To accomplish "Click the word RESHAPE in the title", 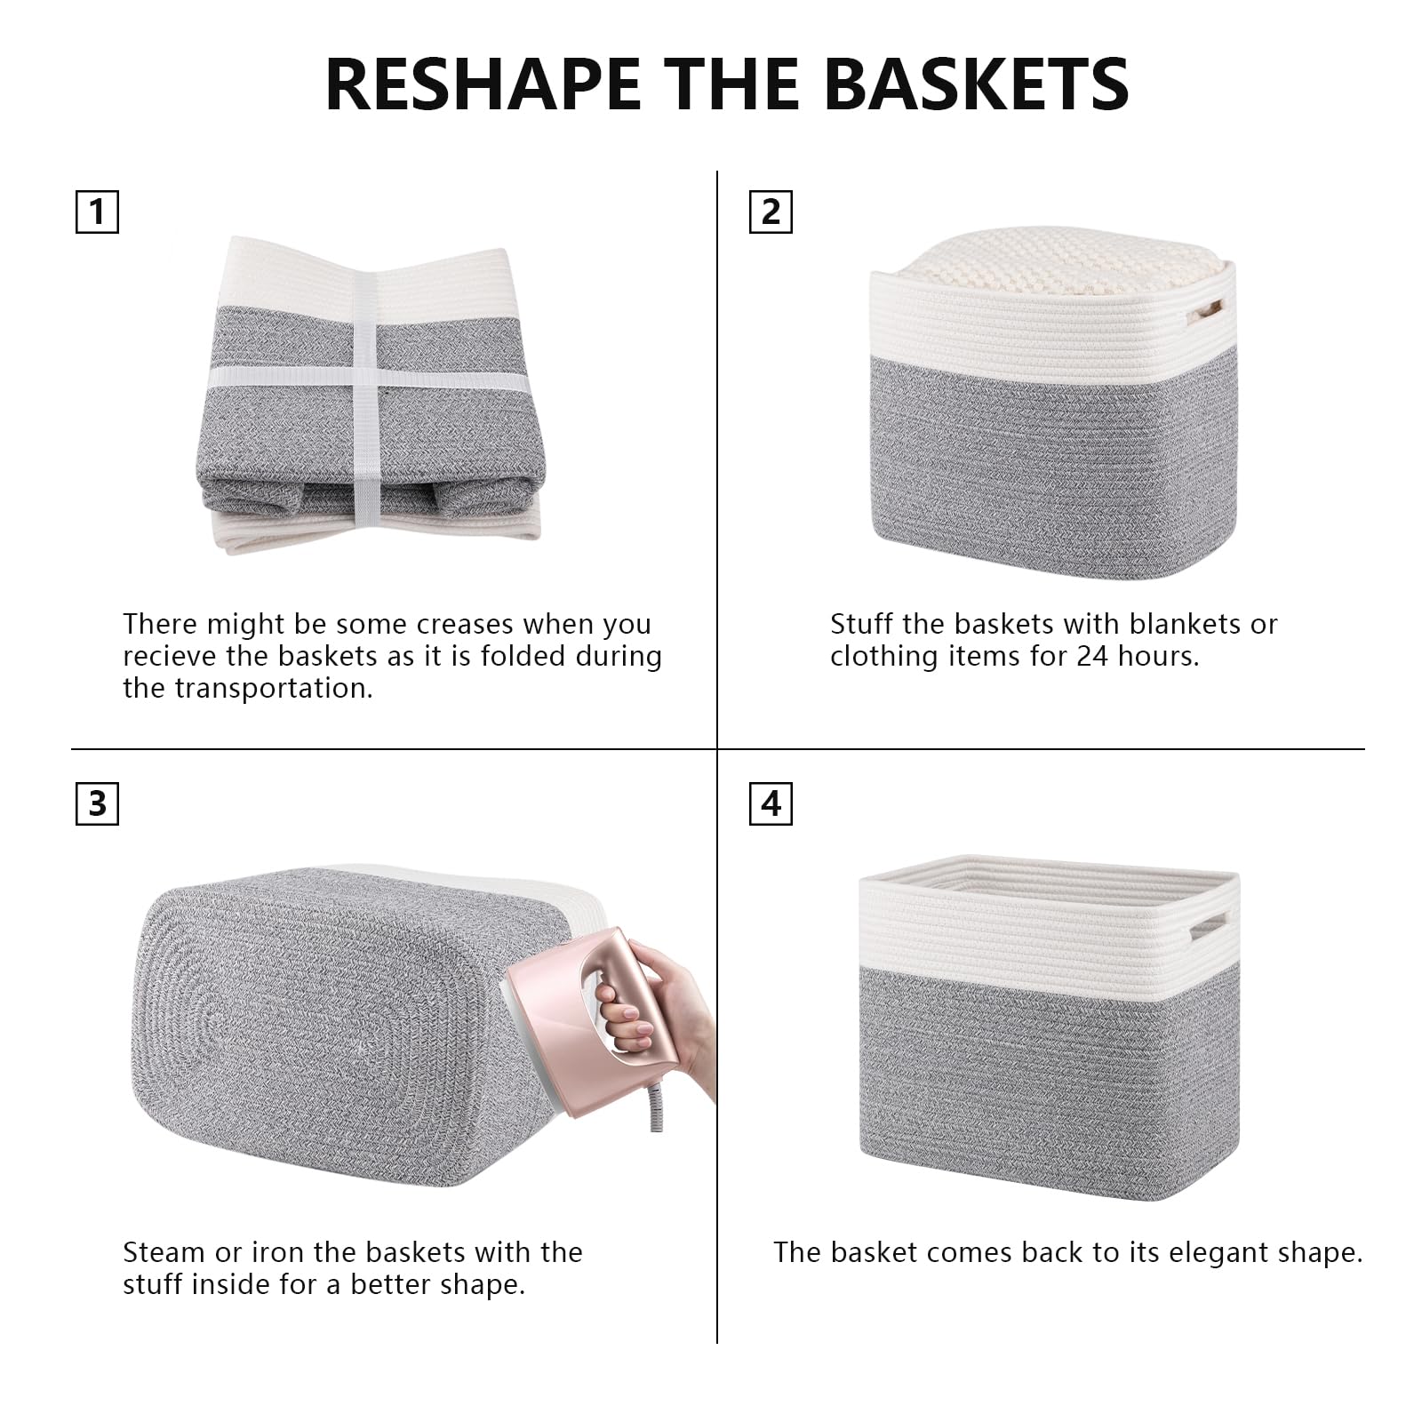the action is click(x=483, y=84).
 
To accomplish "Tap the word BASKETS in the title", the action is click(x=978, y=84).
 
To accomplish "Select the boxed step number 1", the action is click(x=97, y=212).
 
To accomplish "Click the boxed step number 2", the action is click(x=771, y=212).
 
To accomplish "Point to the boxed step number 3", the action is click(x=97, y=803).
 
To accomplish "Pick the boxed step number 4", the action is click(x=771, y=803).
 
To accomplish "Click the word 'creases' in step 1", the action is click(x=465, y=624).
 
